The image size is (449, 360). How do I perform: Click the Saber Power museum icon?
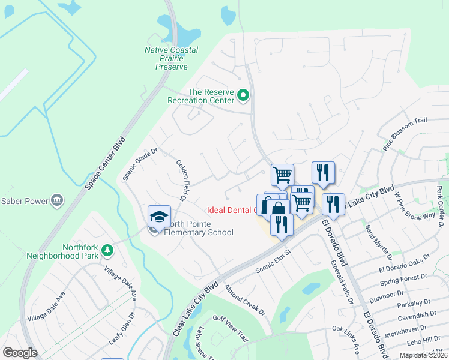(x=57, y=200)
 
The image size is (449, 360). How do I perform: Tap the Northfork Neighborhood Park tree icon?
(x=107, y=250)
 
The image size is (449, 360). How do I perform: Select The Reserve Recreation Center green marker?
(x=243, y=95)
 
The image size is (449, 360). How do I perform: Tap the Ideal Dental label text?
(x=231, y=211)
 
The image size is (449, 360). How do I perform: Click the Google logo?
(x=20, y=353)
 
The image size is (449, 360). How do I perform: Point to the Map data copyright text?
(x=424, y=355)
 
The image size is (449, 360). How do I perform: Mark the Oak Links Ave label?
(x=346, y=340)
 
